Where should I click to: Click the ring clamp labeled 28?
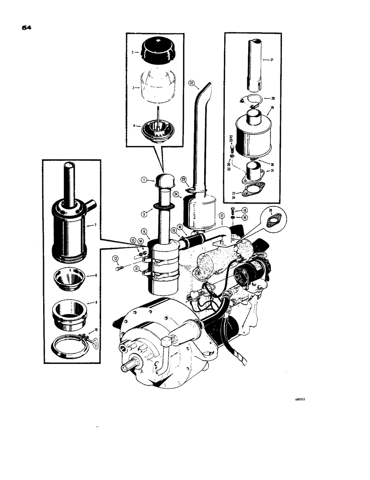click(249, 99)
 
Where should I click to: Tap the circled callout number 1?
click(144, 180)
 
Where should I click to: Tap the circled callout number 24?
click(176, 195)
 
